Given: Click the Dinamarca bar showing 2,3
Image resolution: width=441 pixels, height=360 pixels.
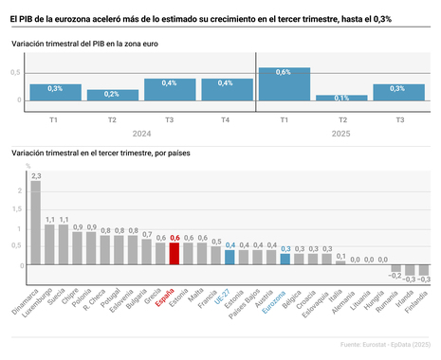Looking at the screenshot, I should (36, 223).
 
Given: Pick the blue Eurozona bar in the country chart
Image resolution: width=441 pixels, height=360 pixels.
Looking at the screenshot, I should (285, 260).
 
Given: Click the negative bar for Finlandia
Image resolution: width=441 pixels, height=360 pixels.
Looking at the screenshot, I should (424, 270).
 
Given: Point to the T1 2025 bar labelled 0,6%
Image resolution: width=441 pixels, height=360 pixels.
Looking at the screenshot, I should (284, 83).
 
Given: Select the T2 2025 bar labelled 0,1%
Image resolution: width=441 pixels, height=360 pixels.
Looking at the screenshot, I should (341, 98).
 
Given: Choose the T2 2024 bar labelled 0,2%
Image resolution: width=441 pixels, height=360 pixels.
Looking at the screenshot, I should (112, 95).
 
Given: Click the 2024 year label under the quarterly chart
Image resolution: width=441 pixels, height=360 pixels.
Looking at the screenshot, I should (140, 134).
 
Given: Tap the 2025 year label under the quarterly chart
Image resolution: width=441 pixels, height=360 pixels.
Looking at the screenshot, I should (341, 134).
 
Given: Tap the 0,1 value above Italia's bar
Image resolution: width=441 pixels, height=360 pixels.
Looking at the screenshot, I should (340, 255).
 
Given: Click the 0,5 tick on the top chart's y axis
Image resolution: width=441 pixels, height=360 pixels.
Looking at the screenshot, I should (16, 72).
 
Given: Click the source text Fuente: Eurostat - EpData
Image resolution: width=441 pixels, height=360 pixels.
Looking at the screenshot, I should (372, 344).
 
